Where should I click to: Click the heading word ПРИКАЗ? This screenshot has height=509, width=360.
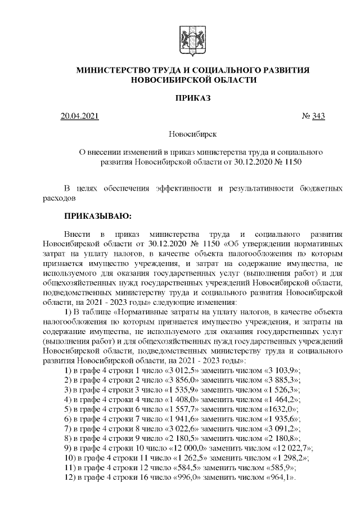pos(193,98)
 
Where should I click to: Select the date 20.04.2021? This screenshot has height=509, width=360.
pos(79,116)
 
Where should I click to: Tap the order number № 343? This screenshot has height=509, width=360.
pos(313,116)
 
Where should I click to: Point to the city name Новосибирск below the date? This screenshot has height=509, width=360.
pos(193,134)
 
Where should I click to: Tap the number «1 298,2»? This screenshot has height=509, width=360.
pos(285,458)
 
